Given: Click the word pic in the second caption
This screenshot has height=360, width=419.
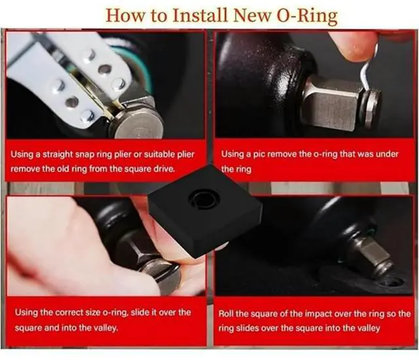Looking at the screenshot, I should (x=260, y=154).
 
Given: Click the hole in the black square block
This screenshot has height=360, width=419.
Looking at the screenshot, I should (x=203, y=197).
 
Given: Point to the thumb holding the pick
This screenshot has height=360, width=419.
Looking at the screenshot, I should (x=354, y=46).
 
